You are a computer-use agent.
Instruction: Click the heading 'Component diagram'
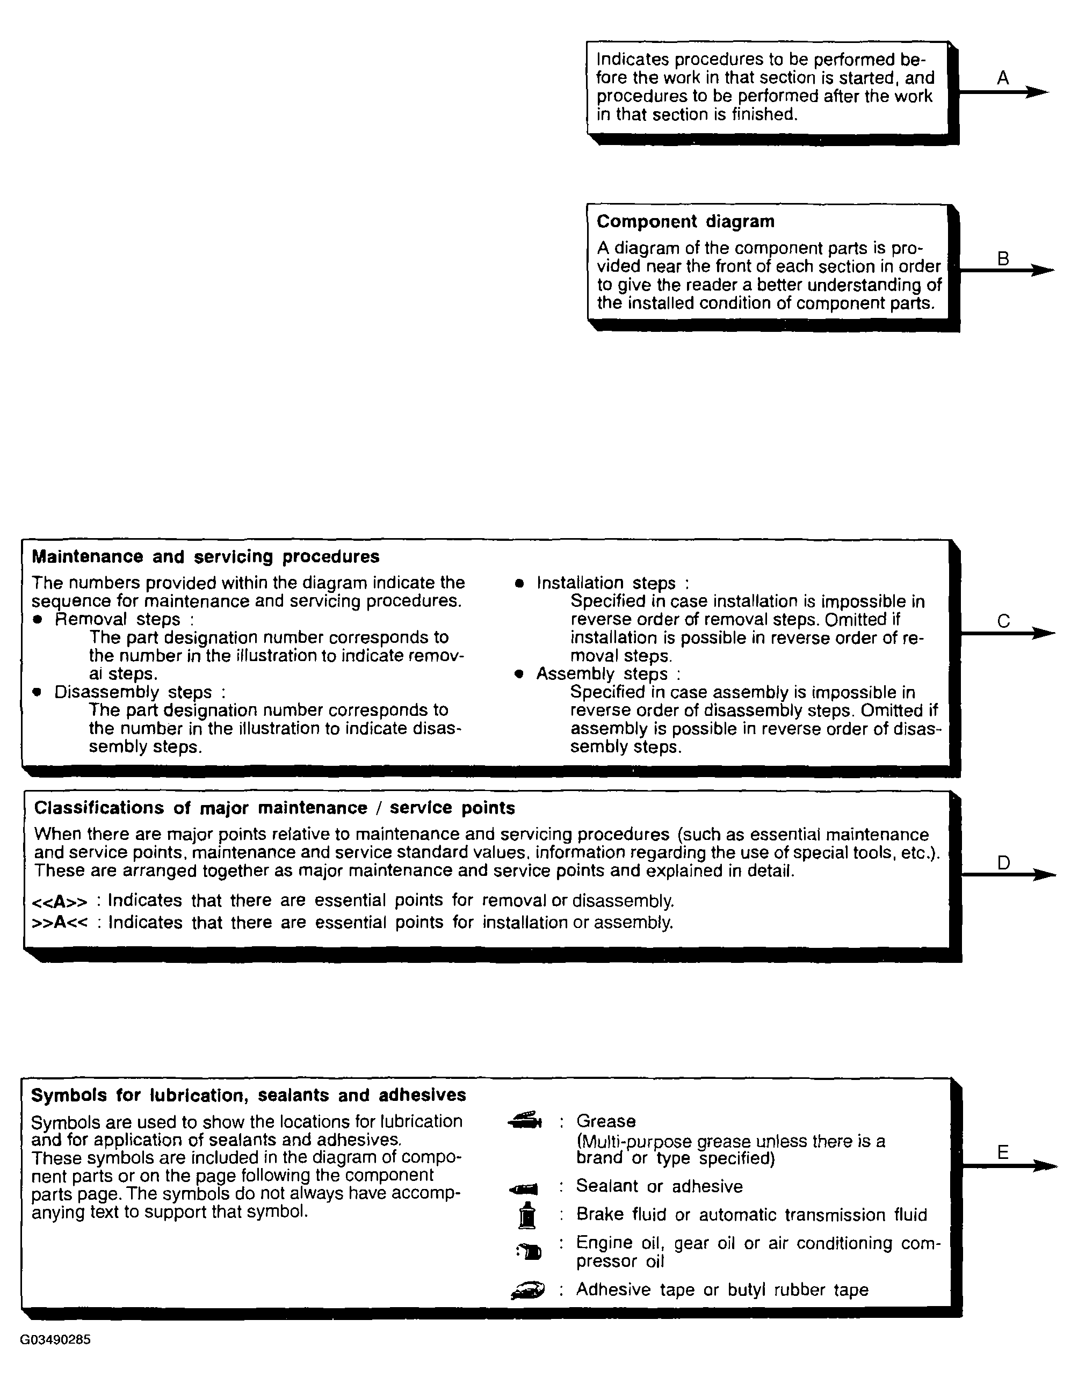[685, 221]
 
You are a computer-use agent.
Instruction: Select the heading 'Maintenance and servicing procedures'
[206, 556]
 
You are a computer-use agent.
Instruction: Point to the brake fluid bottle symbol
[527, 1215]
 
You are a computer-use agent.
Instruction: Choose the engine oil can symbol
[530, 1251]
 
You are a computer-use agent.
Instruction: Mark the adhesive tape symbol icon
[527, 1290]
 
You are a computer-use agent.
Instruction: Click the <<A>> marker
[60, 902]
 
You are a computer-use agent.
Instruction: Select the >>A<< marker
[60, 922]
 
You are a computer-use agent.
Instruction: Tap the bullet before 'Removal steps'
[38, 620]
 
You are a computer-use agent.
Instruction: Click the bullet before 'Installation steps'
[519, 583]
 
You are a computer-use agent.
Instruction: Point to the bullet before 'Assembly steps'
[519, 674]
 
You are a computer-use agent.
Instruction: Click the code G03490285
[55, 1339]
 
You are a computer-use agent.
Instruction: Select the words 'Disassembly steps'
[133, 692]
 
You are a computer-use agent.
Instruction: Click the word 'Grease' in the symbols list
[605, 1121]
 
